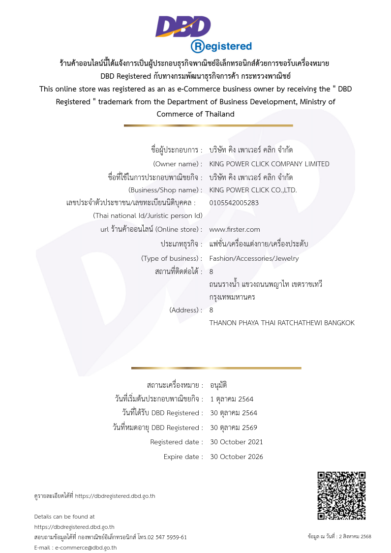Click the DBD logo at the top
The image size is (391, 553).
pos(183,27)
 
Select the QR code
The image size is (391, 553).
pos(341,495)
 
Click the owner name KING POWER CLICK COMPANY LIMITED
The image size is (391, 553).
pos(269,164)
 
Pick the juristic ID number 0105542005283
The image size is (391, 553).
pos(234,203)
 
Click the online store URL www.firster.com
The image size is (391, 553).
pos(235,229)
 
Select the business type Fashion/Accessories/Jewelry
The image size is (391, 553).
pos(254,258)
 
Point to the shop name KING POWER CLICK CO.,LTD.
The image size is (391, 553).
pos(253,190)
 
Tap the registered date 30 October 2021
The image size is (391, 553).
pos(236,442)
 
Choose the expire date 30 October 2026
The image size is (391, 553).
pos(236,457)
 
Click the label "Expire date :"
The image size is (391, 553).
pos(183,457)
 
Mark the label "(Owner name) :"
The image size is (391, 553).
pos(178,164)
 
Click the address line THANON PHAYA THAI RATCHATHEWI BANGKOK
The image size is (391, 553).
pos(281,323)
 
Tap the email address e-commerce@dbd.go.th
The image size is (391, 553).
pos(86,548)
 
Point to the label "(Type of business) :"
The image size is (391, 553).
pos(172,258)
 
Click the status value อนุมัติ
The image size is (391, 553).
pos(218,385)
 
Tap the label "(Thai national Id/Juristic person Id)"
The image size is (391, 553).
pos(148,215)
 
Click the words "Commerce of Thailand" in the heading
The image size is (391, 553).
pos(195,114)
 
